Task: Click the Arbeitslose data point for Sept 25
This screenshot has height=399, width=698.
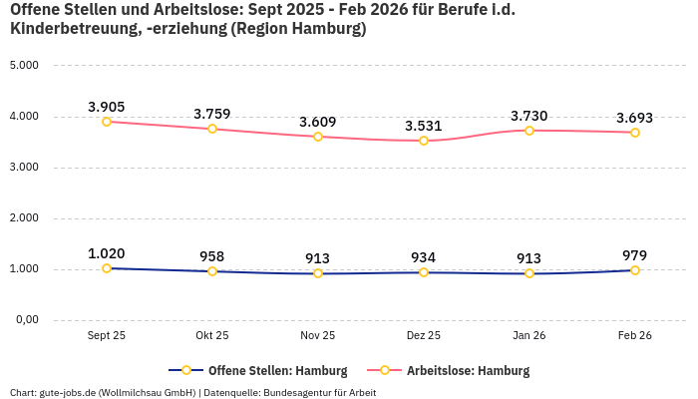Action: (x=107, y=122)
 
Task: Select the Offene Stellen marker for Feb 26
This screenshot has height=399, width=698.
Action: (x=635, y=270)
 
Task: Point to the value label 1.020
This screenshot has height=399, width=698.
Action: (x=107, y=253)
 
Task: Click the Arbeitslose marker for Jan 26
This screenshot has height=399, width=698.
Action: (x=529, y=131)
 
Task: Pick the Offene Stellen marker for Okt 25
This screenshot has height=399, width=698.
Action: (x=212, y=271)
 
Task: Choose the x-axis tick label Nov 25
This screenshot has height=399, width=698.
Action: (x=318, y=336)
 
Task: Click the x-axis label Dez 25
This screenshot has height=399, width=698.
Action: (x=424, y=336)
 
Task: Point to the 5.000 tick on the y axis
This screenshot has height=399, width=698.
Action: (x=23, y=66)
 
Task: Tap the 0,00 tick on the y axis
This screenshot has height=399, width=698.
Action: (x=26, y=320)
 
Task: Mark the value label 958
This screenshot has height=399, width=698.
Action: (x=212, y=256)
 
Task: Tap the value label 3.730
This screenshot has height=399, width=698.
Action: (x=528, y=116)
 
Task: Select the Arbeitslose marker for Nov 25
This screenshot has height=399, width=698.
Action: (x=318, y=137)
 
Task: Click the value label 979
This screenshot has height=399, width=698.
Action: (x=635, y=255)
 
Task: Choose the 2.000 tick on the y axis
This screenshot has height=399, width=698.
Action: (x=23, y=218)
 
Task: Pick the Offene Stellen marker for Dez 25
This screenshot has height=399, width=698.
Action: (x=424, y=272)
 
